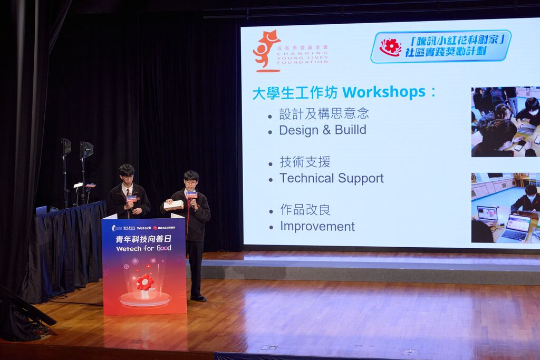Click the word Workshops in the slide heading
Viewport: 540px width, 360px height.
pyautogui.click(x=383, y=92)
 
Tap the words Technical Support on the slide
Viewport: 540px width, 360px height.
pyautogui.click(x=331, y=178)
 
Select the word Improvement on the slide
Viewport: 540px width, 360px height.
pyautogui.click(x=317, y=227)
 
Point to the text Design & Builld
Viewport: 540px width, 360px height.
pyautogui.click(x=322, y=130)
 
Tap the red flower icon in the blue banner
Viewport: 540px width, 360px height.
pyautogui.click(x=390, y=46)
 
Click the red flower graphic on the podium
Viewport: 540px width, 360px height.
pyautogui.click(x=144, y=283)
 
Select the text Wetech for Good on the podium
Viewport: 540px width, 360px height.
pyautogui.click(x=143, y=248)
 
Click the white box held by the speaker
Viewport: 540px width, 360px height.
pyautogui.click(x=173, y=205)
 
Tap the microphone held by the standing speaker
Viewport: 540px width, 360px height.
pyautogui.click(x=191, y=197)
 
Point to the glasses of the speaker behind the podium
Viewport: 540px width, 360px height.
pyautogui.click(x=127, y=178)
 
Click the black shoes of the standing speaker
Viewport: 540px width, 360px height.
pyautogui.click(x=198, y=298)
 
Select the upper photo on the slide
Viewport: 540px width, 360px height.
pyautogui.click(x=505, y=122)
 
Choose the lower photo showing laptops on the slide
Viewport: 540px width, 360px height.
pyautogui.click(x=505, y=208)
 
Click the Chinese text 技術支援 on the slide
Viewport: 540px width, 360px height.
pyautogui.click(x=305, y=162)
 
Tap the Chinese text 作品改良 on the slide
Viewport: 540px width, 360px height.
pyautogui.click(x=305, y=210)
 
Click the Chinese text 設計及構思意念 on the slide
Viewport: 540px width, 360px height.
pyautogui.click(x=324, y=113)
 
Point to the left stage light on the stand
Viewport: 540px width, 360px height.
pyautogui.click(x=65, y=147)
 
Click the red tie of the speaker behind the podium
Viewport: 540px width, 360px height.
pyautogui.click(x=127, y=193)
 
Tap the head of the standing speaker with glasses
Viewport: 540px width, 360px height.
pyautogui.click(x=191, y=179)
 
